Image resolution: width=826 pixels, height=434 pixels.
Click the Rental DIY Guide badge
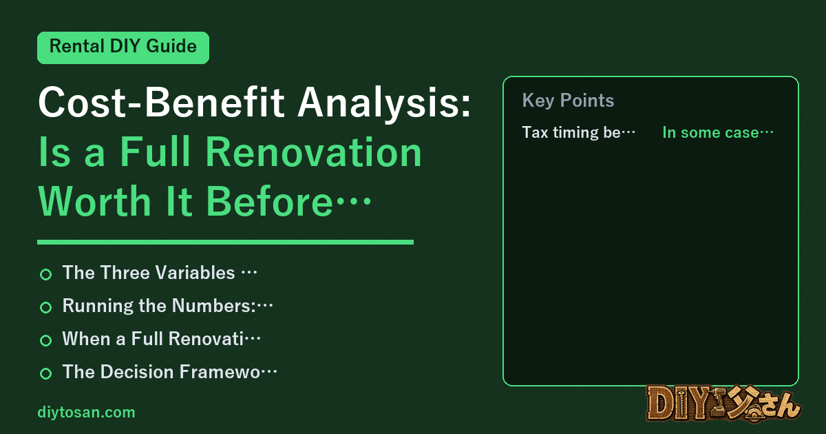[123, 48]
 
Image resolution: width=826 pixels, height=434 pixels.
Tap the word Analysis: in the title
[384, 103]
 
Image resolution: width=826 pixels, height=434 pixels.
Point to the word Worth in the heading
[95, 201]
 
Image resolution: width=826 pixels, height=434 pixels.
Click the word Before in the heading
[269, 201]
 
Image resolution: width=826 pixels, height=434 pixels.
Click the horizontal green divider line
[225, 242]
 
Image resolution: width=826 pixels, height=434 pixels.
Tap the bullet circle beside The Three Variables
[45, 274]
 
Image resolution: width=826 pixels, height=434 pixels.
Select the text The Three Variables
[149, 273]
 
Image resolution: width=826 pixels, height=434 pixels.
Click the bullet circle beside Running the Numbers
[45, 307]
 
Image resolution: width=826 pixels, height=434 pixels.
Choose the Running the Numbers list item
[168, 306]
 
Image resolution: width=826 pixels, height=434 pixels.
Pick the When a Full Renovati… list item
[162, 339]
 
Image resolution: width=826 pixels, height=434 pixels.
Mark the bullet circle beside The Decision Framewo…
[45, 373]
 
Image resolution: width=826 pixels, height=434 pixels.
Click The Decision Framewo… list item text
[169, 371]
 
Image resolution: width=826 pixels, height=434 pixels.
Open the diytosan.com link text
[86, 413]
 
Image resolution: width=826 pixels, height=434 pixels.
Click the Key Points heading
[568, 101]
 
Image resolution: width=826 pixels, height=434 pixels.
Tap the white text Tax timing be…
[579, 132]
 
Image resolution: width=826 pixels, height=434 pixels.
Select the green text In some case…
[718, 132]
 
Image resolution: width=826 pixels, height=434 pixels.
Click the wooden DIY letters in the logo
[678, 404]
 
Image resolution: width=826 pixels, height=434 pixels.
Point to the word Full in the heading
[156, 152]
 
